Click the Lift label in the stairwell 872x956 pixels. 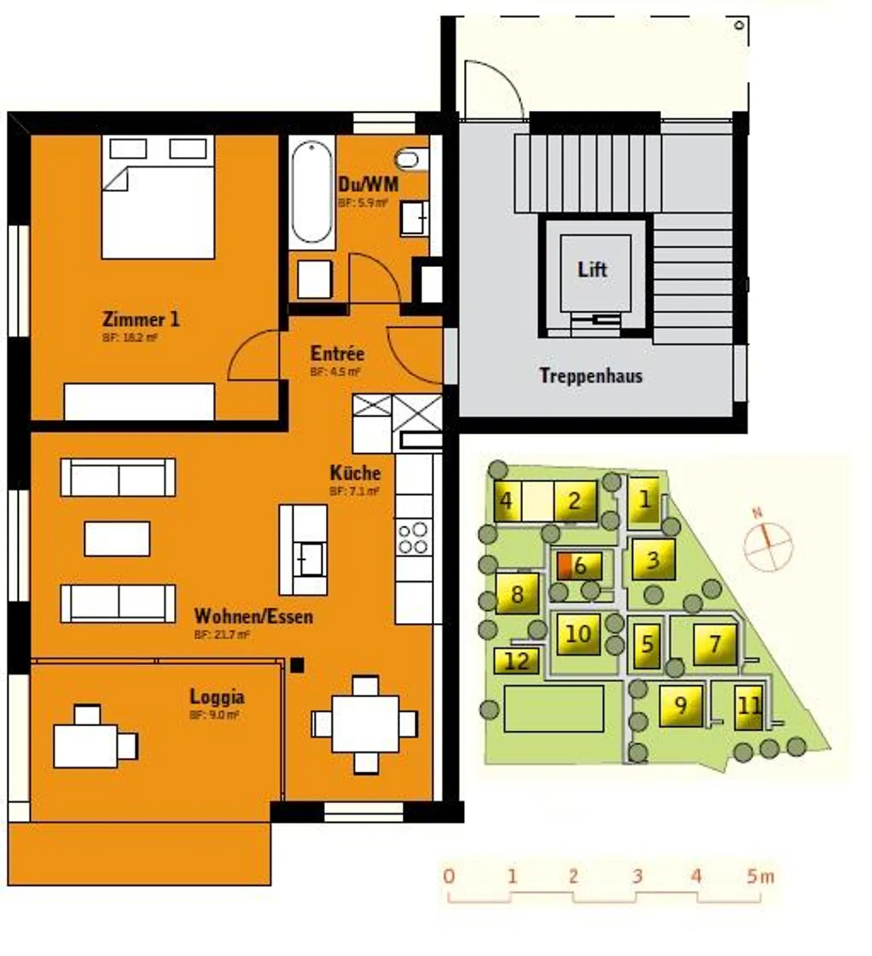pyautogui.click(x=592, y=269)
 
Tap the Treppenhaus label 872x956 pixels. pyautogui.click(x=590, y=376)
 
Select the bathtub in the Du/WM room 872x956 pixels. pyautogui.click(x=312, y=192)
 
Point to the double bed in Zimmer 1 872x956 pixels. pyautogui.click(x=158, y=198)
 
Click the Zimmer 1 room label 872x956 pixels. pyautogui.click(x=140, y=319)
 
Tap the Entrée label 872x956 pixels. pyautogui.click(x=337, y=353)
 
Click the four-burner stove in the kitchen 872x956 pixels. pyautogui.click(x=414, y=538)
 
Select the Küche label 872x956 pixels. pyautogui.click(x=355, y=473)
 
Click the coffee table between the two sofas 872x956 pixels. pyautogui.click(x=117, y=539)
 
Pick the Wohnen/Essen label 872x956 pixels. pyautogui.click(x=254, y=616)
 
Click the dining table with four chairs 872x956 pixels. pyautogui.click(x=365, y=724)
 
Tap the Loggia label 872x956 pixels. pyautogui.click(x=217, y=697)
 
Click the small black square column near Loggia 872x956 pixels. pyautogui.click(x=297, y=665)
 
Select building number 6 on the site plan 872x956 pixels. pyautogui.click(x=580, y=566)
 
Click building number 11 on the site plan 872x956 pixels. pyautogui.click(x=749, y=706)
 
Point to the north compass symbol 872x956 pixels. pyautogui.click(x=768, y=546)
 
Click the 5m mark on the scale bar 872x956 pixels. pyautogui.click(x=759, y=876)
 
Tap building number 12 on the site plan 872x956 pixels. pyautogui.click(x=517, y=660)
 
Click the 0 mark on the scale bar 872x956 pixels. pyautogui.click(x=448, y=876)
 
